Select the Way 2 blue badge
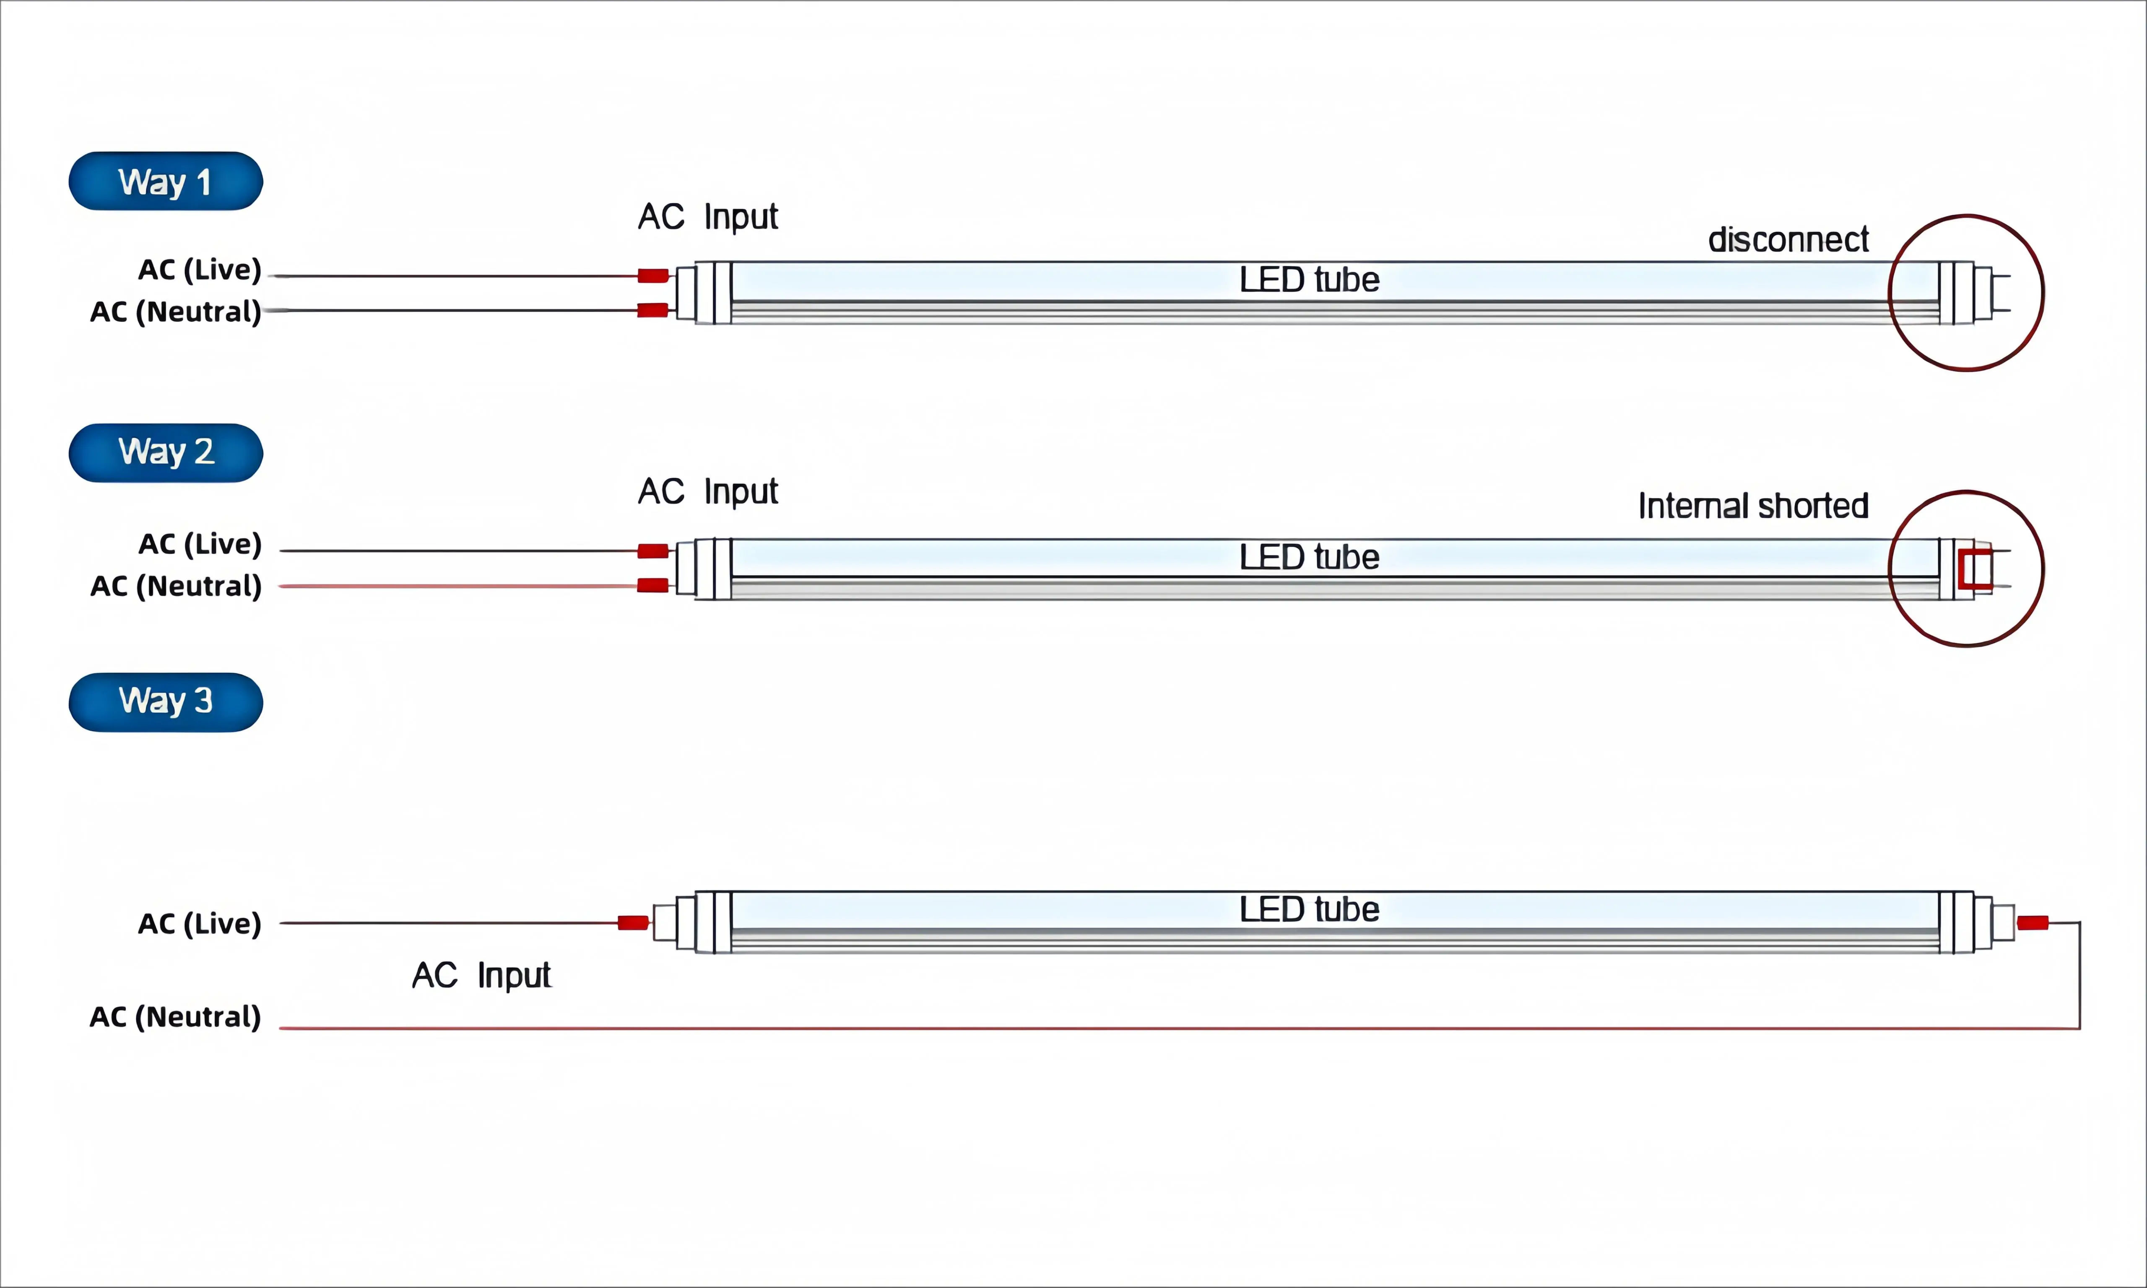[166, 452]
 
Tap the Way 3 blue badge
[166, 701]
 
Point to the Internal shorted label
[1753, 505]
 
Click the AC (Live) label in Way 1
[200, 269]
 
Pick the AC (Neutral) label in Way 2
[175, 586]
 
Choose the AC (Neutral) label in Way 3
[175, 1016]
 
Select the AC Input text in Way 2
[708, 491]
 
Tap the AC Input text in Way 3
[482, 976]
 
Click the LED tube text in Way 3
[1309, 909]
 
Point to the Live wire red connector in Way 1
[652, 276]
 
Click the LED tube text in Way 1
[1309, 280]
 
